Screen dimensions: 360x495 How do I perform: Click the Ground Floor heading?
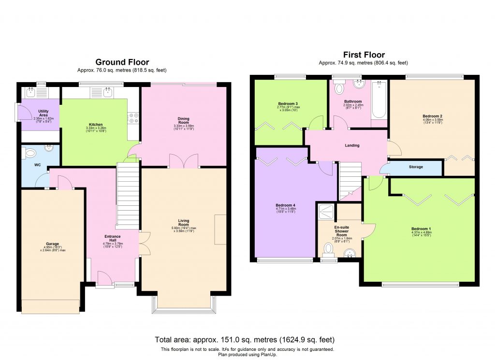pos(122,62)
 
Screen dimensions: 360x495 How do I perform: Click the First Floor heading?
pos(364,55)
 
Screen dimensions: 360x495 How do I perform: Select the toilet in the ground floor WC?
pos(30,154)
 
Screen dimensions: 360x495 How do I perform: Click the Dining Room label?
pos(183,119)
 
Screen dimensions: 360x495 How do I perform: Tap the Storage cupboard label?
pos(416,167)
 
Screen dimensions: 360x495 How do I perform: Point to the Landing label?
pos(352,145)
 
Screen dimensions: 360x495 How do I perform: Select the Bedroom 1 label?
pos(420,229)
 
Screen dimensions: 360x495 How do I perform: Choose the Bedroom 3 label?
pos(288,103)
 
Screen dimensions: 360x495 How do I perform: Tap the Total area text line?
pos(244,339)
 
